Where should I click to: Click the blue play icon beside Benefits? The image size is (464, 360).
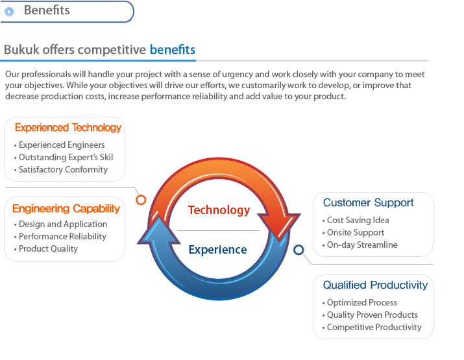point(9,12)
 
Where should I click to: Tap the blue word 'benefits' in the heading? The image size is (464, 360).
point(173,49)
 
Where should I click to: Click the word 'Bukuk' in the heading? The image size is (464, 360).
point(21,49)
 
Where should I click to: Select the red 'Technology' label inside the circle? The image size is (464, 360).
point(219,210)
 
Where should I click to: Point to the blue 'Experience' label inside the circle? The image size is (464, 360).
point(218,250)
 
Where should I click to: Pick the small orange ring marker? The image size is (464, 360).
point(141,200)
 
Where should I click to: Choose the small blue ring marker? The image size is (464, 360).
point(299,250)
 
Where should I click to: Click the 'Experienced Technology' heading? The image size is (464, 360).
point(68,128)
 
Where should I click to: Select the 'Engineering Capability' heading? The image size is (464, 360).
point(66,209)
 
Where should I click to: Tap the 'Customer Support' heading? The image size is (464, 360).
point(368,202)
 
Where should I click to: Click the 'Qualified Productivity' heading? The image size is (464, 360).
point(375,285)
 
